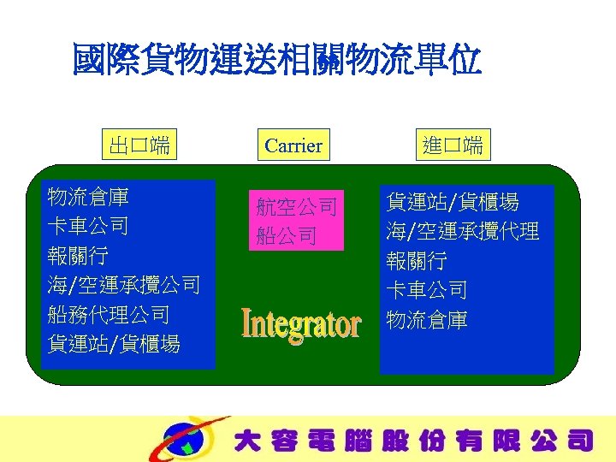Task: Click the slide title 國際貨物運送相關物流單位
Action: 276,61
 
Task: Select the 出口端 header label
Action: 136,145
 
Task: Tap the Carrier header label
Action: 293,145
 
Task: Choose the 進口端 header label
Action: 453,145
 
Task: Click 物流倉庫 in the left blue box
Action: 89,198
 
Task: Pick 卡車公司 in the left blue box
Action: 89,227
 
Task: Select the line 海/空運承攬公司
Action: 124,285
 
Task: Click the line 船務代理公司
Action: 109,314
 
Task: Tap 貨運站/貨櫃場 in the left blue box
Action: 114,344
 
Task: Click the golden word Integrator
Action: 301,324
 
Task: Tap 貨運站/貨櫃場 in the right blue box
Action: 453,203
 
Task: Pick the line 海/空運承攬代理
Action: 463,231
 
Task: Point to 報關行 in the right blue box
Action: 417,261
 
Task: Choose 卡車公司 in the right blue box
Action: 427,290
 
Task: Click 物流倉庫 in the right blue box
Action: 427,320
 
